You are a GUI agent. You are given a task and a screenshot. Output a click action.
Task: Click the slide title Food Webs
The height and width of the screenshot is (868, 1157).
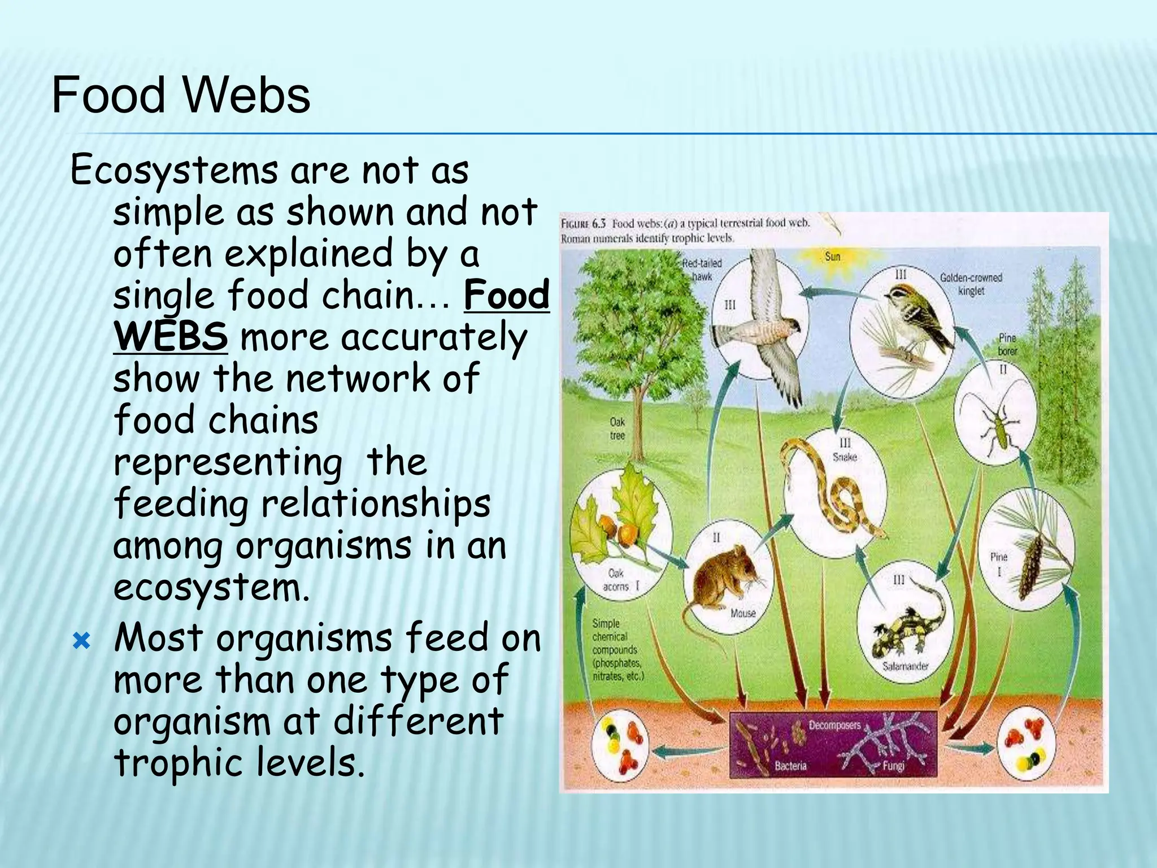[181, 96]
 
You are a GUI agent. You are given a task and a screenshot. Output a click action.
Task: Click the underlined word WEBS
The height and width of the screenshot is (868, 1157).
[171, 337]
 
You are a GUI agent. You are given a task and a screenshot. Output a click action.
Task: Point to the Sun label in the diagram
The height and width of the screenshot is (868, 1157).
[832, 257]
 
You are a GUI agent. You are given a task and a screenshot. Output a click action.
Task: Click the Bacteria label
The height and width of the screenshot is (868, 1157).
[790, 766]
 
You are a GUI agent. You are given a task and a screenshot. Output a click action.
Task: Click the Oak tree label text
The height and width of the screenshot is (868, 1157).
[617, 428]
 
